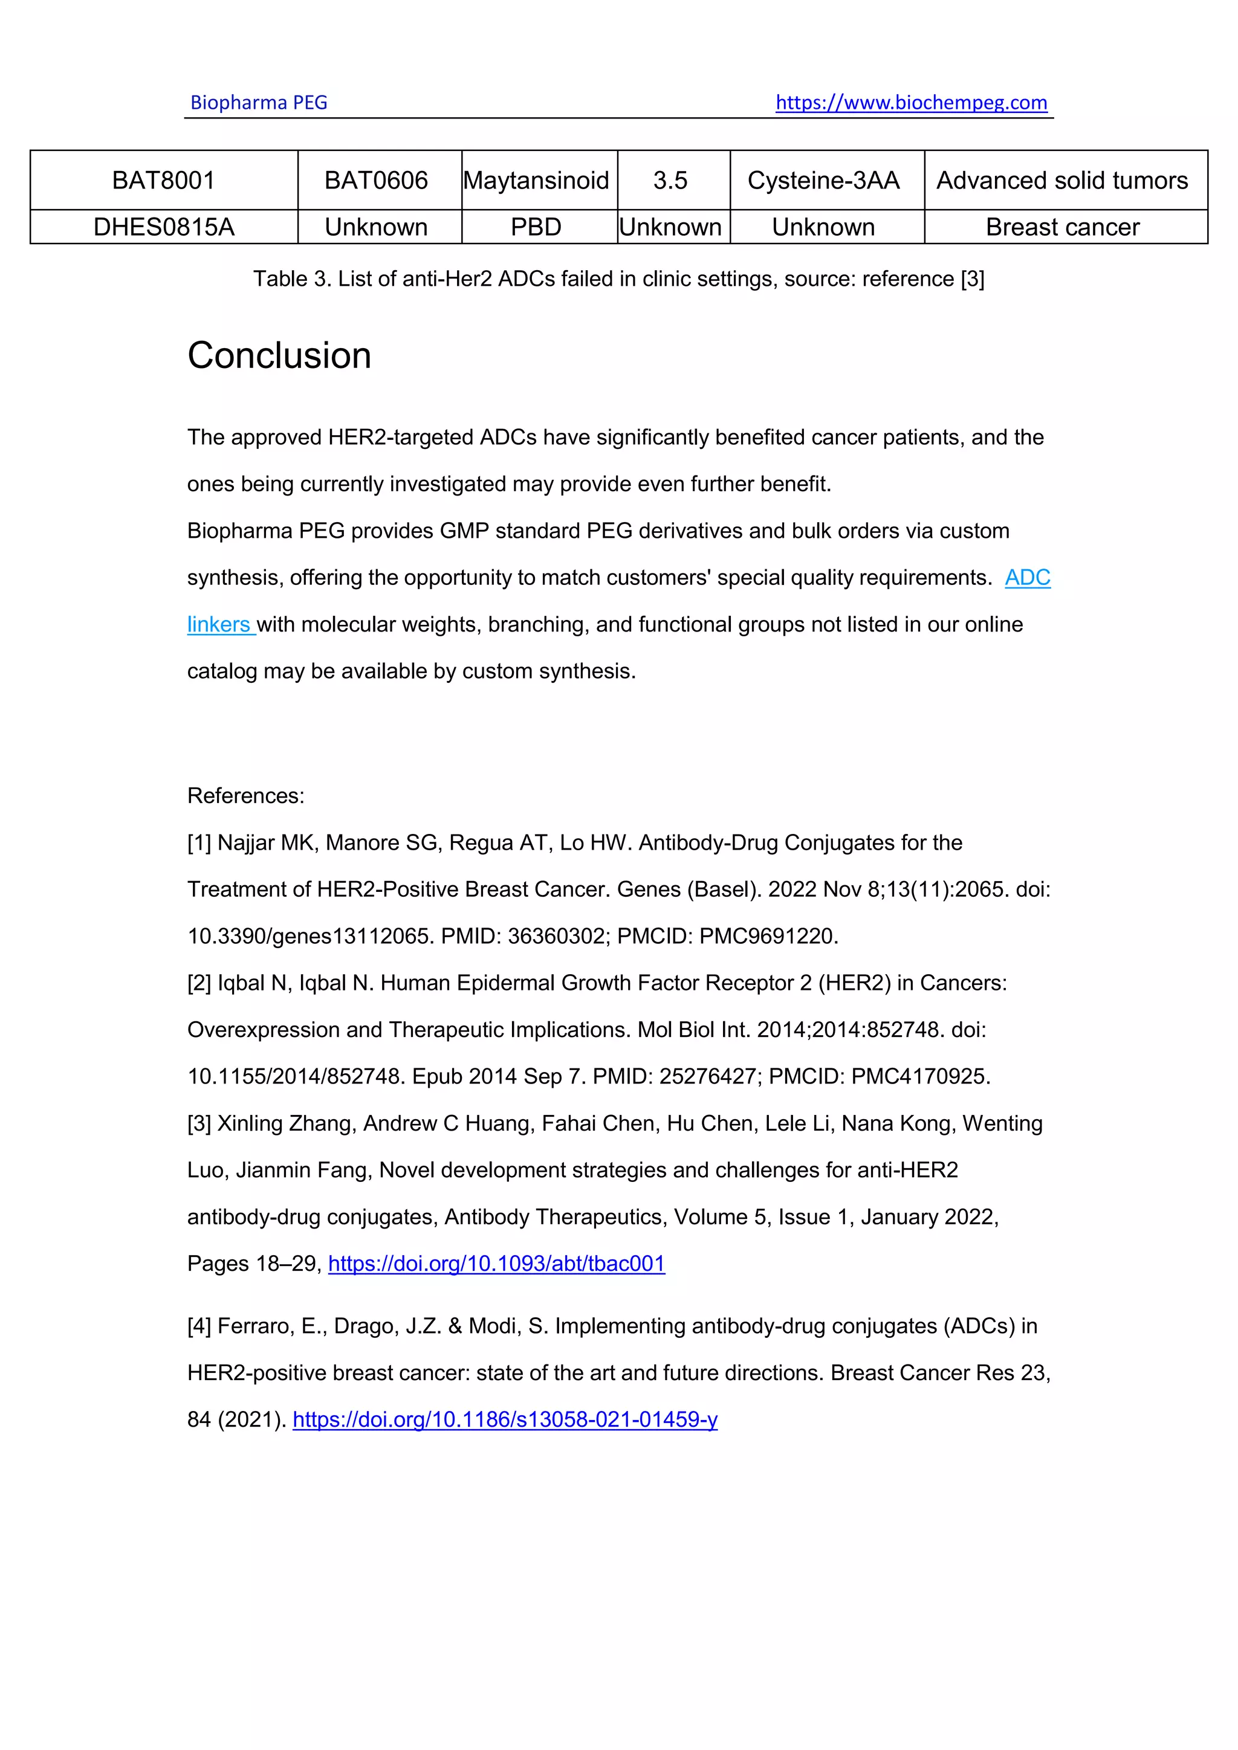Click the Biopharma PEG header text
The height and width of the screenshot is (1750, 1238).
coord(259,102)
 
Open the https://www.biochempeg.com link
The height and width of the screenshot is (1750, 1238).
coord(911,102)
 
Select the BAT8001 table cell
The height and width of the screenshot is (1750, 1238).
coord(163,181)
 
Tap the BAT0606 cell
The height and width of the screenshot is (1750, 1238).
coord(376,181)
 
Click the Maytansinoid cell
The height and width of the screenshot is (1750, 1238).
coord(536,181)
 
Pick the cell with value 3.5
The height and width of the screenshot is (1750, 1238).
coord(670,181)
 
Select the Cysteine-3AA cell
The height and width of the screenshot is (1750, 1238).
coord(823,181)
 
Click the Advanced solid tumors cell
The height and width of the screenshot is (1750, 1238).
coord(1062,181)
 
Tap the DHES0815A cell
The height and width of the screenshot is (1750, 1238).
coord(163,227)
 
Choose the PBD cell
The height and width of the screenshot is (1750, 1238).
coord(536,227)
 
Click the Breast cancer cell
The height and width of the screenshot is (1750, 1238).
coord(1062,227)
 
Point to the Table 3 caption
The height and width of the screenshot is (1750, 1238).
coord(618,279)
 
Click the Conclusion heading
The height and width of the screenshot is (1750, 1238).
coord(279,356)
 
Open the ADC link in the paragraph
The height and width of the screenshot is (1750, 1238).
coord(1027,578)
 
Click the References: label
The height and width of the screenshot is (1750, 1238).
coord(245,796)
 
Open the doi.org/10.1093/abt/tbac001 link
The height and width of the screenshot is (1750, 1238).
coord(496,1264)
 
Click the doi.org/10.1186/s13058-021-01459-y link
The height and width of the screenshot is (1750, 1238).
coord(505,1419)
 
